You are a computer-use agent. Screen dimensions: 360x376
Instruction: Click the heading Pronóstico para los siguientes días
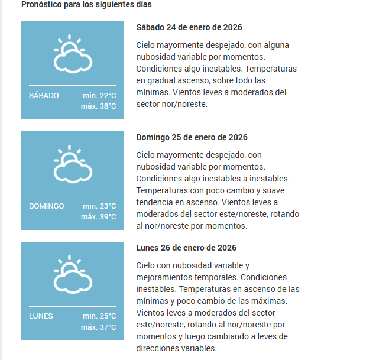point(86,5)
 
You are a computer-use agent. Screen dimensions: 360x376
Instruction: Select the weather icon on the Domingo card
point(72,164)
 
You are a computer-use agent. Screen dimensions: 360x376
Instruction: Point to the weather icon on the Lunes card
point(72,274)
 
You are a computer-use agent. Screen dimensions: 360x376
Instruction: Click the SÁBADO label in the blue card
point(44,96)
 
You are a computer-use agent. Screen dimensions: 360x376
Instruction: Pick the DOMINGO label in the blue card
point(46,206)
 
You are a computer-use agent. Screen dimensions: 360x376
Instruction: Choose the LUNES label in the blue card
point(41,316)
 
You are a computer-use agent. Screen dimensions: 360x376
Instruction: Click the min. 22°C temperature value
point(99,96)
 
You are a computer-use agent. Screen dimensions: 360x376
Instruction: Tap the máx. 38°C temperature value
point(99,106)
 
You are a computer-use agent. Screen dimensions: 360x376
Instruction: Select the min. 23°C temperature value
point(99,206)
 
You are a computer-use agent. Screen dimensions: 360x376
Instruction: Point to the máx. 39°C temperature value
point(99,217)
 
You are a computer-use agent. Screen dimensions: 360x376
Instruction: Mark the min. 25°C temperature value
point(99,316)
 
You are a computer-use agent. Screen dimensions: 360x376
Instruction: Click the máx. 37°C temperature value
point(99,327)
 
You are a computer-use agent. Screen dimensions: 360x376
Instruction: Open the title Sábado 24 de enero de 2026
point(189,28)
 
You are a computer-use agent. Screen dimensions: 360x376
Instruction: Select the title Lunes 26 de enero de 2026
point(186,248)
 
